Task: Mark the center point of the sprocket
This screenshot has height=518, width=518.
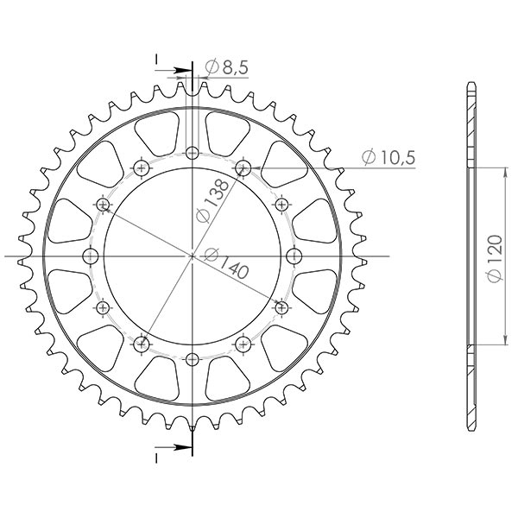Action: [192, 256]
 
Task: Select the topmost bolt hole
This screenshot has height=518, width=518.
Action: [192, 153]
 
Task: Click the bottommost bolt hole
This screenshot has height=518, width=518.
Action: [192, 358]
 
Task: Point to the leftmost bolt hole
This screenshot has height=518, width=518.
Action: [89, 256]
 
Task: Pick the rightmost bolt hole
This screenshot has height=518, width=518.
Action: [294, 256]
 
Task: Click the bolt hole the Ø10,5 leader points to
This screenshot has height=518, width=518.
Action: [243, 166]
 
